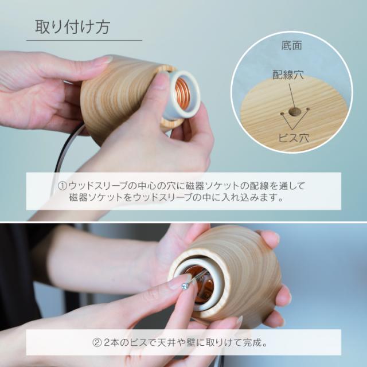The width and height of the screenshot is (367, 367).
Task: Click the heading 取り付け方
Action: coord(72,27)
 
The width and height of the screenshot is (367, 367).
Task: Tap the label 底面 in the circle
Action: coord(292,45)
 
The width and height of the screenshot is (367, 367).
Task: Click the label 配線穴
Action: coord(288,75)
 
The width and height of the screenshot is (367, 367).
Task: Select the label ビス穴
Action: coord(294,138)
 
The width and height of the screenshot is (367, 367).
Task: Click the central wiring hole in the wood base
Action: coord(294,112)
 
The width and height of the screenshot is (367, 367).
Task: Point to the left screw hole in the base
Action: coord(282,114)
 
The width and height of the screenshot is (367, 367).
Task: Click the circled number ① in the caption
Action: coord(63,186)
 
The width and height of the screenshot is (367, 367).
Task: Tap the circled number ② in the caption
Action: coord(97,343)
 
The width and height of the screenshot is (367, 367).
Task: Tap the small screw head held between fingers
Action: coord(185,286)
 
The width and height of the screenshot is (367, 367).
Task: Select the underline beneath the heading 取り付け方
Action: coord(84,40)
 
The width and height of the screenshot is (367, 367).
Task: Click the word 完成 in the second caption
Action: coord(252,343)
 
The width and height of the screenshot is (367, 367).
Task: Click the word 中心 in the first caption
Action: coord(147,186)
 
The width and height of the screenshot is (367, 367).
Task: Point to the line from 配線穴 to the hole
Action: coord(292,95)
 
